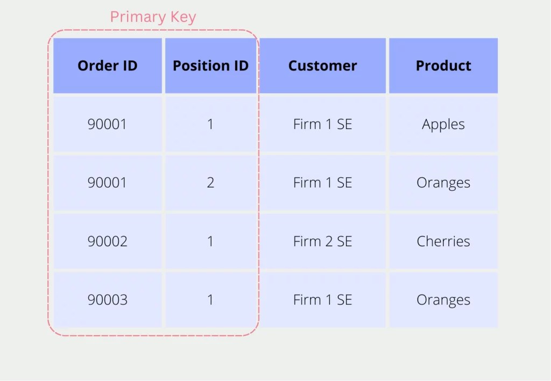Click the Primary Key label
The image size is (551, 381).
pyautogui.click(x=153, y=17)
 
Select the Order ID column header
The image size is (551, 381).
pyautogui.click(x=108, y=66)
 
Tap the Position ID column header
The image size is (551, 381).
pyautogui.click(x=210, y=66)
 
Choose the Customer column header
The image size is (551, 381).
pyautogui.click(x=322, y=66)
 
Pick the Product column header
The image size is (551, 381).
pyautogui.click(x=443, y=66)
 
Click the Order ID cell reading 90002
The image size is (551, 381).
pyautogui.click(x=108, y=241)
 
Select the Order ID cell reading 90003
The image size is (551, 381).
pyautogui.click(x=108, y=299)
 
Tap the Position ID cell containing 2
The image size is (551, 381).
pyautogui.click(x=210, y=183)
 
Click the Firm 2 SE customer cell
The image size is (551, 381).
pyautogui.click(x=322, y=241)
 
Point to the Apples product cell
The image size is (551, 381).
pyautogui.click(x=443, y=124)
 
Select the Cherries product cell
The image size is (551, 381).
pyautogui.click(x=443, y=241)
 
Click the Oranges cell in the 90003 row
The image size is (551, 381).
pyautogui.click(x=443, y=299)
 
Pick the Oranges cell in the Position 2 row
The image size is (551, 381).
pyautogui.click(x=443, y=183)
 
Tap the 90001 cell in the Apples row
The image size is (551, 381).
pyautogui.click(x=108, y=124)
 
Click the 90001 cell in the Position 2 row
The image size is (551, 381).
pyautogui.click(x=108, y=183)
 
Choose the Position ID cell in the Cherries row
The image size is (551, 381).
pyautogui.click(x=210, y=241)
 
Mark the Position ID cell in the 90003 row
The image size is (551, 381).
pyautogui.click(x=210, y=299)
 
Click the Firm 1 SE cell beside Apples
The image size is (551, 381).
pyautogui.click(x=322, y=124)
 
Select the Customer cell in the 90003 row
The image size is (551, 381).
pyautogui.click(x=322, y=299)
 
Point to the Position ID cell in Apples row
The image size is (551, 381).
pyautogui.click(x=210, y=124)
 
